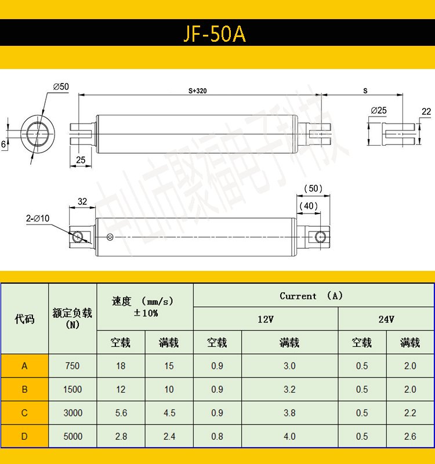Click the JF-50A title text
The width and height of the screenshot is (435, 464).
pos(215,34)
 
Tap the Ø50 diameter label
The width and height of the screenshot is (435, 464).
pos(61,86)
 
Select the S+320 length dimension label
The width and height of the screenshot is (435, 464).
pos(198,91)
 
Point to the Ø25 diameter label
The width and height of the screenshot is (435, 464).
pos(379,110)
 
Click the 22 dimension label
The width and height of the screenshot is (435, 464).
pos(426,111)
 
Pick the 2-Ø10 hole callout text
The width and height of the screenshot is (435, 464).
pos(38,219)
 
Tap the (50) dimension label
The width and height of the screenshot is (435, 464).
pos(313,188)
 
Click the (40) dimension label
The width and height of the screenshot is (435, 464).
pos(309,206)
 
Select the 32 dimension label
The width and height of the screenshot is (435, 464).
pos(82,201)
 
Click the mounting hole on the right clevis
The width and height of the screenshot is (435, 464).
pos(320,237)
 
